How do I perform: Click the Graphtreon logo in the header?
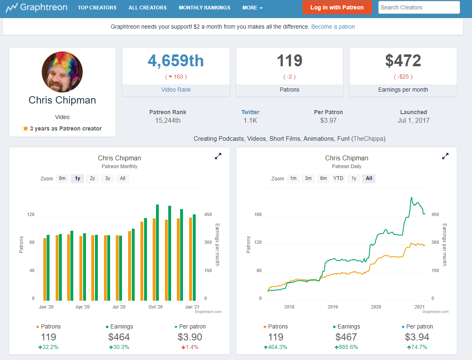(36, 7)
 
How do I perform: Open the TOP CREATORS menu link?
(97, 8)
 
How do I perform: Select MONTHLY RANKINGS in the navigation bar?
(204, 8)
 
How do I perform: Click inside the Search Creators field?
(419, 7)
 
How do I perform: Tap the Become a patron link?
(333, 27)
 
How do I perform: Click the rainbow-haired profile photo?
(62, 72)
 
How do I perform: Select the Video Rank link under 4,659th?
(176, 90)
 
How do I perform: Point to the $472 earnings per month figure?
(403, 61)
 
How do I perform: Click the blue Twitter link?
(250, 112)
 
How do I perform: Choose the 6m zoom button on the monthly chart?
(62, 178)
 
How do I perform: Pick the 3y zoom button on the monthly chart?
(108, 178)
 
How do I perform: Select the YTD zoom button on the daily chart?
(338, 178)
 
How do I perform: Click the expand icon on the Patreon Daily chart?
(445, 156)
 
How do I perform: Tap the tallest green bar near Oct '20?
(158, 253)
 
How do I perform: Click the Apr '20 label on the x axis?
(82, 307)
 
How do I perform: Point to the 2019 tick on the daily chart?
(333, 307)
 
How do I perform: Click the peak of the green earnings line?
(411, 197)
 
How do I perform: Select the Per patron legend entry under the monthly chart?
(190, 326)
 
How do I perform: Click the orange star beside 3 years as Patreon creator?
(26, 128)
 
